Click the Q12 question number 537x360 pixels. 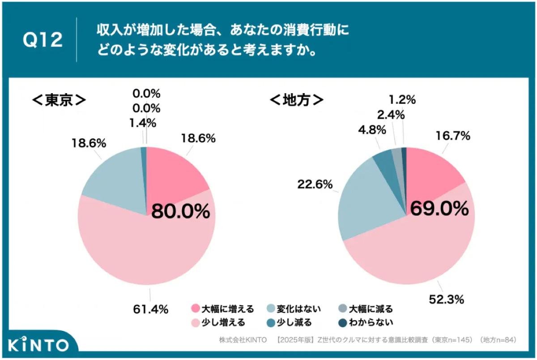(43, 39)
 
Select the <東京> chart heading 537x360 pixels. (59, 100)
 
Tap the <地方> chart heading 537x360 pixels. (297, 100)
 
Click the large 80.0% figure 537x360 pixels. (181, 211)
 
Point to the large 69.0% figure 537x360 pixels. (439, 208)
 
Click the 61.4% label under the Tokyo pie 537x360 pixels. (151, 309)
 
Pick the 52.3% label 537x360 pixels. (447, 300)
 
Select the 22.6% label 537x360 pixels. (315, 184)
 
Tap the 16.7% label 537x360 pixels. (453, 136)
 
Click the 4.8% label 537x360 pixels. (372, 130)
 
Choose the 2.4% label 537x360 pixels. (391, 115)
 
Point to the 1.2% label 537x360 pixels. (402, 100)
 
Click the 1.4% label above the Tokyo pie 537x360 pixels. (143, 123)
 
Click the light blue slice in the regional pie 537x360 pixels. (360, 204)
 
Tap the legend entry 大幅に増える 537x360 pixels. (222, 309)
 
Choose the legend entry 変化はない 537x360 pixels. (294, 309)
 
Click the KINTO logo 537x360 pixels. (38, 344)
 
